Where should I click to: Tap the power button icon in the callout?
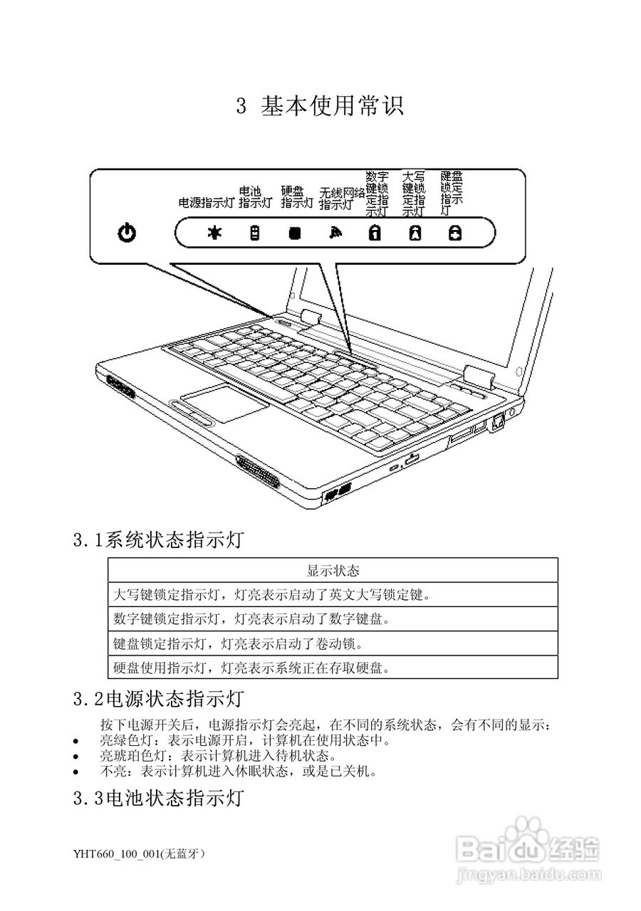[127, 232]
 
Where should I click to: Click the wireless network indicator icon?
[334, 232]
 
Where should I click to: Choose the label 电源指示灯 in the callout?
[206, 203]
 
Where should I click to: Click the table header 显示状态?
[333, 571]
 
